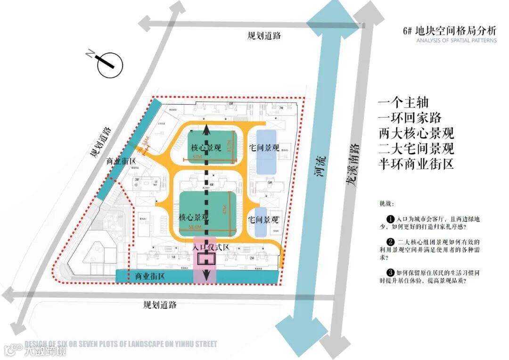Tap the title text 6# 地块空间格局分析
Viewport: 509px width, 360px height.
point(450,31)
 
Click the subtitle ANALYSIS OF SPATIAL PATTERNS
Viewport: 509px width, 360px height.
point(456,41)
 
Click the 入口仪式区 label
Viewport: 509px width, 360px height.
point(211,246)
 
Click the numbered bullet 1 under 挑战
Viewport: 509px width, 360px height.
point(390,219)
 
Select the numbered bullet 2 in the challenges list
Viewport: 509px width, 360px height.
point(390,242)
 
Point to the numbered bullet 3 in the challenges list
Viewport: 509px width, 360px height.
point(390,272)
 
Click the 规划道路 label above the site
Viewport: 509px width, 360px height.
point(264,35)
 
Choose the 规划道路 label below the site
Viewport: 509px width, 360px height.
point(160,304)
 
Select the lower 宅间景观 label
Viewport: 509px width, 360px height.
point(263,220)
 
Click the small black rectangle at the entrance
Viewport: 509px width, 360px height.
point(206,259)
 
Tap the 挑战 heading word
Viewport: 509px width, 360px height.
point(385,204)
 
